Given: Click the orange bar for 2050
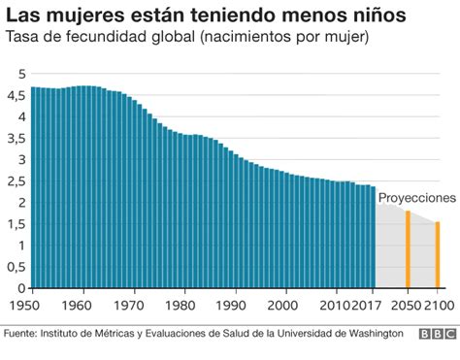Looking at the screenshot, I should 408,249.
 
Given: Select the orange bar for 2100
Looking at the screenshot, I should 438,255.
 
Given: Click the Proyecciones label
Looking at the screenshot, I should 416,197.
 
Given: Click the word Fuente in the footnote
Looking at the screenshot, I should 21,334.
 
